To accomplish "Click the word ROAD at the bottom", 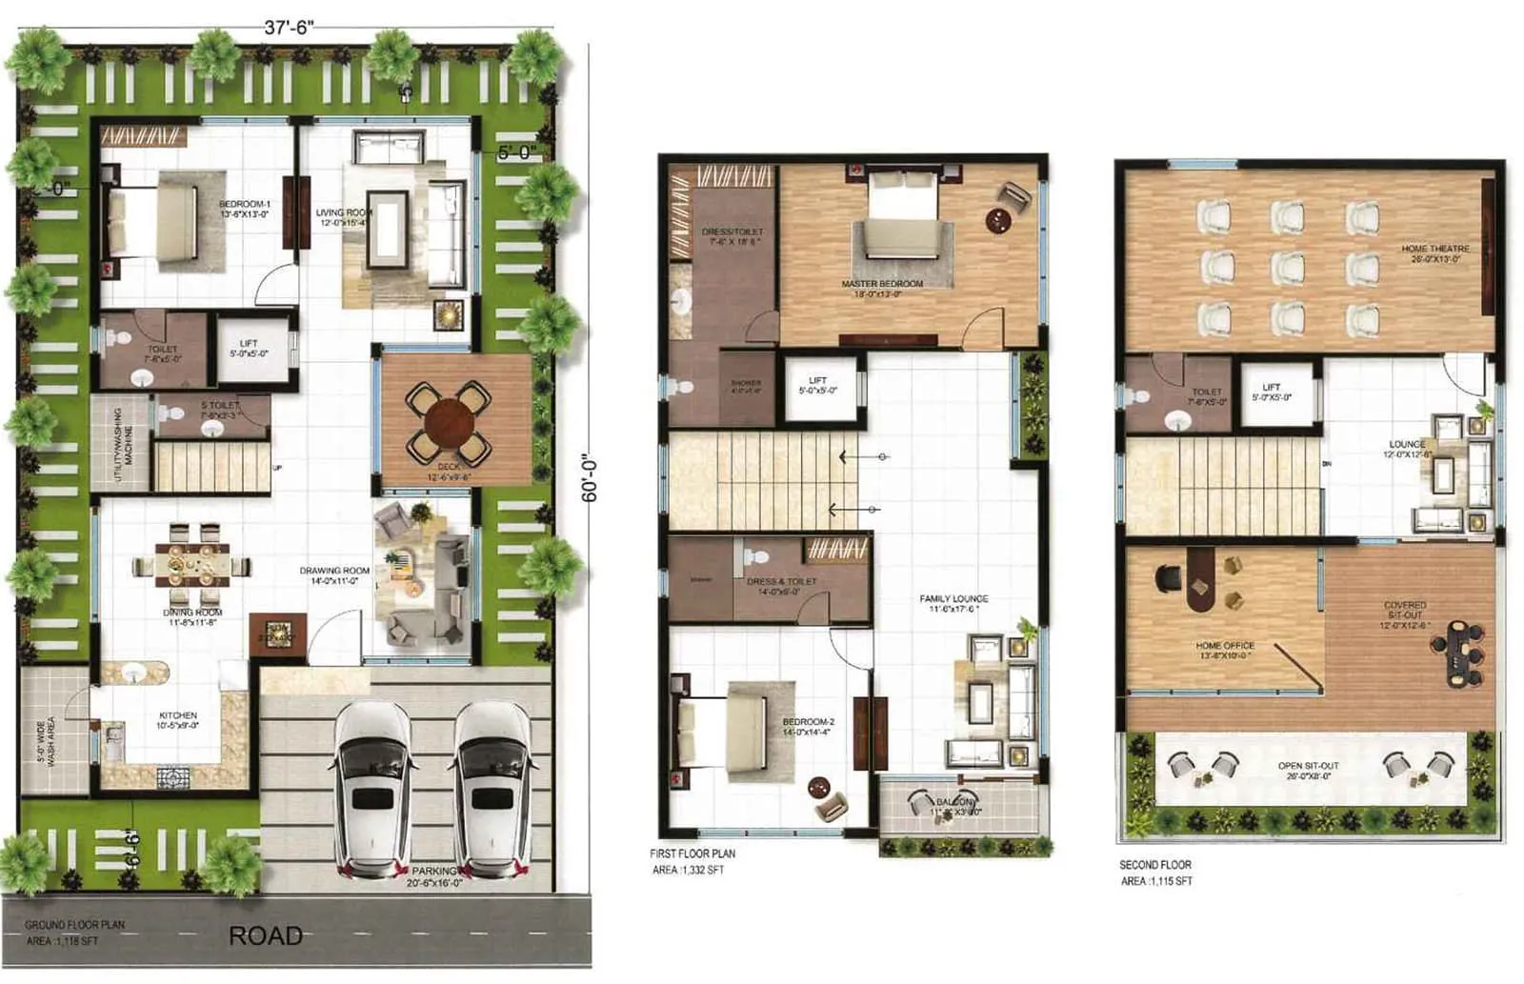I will click(x=266, y=936).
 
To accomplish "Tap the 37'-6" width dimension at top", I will click(x=289, y=27).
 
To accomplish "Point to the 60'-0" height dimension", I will click(x=590, y=477).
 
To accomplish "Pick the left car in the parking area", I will click(x=371, y=787).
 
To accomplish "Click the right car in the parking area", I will click(x=491, y=787).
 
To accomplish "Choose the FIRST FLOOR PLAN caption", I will click(x=692, y=853).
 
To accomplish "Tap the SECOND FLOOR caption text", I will click(x=1154, y=865).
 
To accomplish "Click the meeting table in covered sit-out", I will click(x=1457, y=653).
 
